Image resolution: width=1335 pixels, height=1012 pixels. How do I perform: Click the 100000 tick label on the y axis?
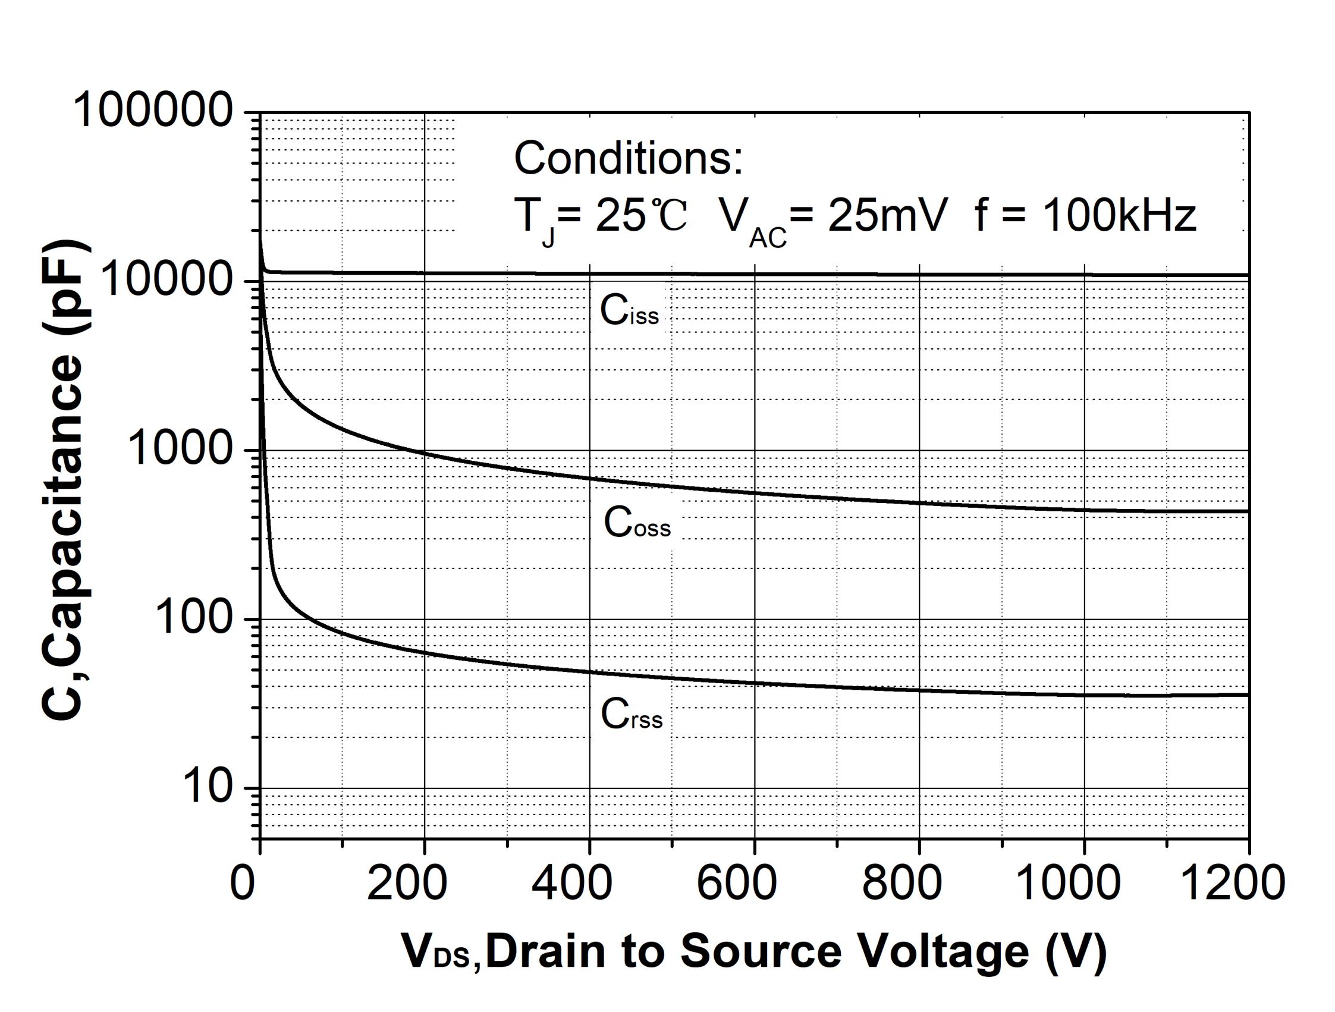click(x=153, y=111)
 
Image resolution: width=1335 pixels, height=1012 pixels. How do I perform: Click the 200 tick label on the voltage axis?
click(x=407, y=883)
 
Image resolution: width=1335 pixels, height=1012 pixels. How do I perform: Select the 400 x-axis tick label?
click(x=571, y=883)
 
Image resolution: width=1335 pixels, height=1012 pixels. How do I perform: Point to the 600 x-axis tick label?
click(x=736, y=883)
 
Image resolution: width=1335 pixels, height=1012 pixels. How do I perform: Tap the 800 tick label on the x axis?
click(x=901, y=883)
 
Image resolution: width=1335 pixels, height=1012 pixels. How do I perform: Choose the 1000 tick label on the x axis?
click(x=1068, y=883)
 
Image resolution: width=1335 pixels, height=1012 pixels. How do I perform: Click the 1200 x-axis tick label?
click(x=1232, y=883)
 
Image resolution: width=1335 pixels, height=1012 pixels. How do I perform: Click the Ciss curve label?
click(x=629, y=312)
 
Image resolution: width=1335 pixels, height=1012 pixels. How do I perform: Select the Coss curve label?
click(x=637, y=523)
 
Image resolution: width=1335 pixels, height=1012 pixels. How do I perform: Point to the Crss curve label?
click(x=632, y=715)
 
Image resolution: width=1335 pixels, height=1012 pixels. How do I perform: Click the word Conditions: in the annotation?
click(x=629, y=158)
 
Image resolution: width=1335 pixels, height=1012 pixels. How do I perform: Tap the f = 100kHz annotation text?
click(x=1085, y=215)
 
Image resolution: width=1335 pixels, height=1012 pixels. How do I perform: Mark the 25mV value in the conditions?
click(x=888, y=215)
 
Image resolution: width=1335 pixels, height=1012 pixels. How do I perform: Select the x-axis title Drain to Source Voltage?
click(x=755, y=952)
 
